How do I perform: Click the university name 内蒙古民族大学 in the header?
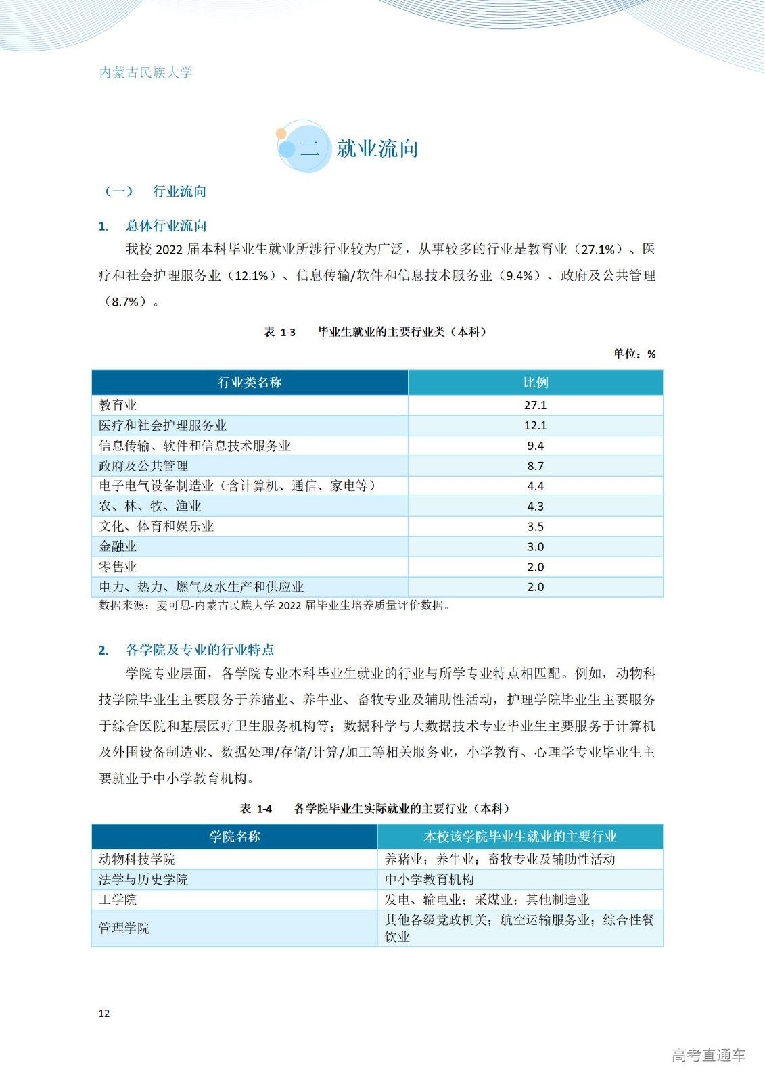(146, 72)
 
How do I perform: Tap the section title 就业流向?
(377, 149)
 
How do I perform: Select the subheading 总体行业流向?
(166, 226)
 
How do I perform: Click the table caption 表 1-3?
(279, 332)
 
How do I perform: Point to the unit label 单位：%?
(634, 354)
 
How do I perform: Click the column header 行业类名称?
(250, 383)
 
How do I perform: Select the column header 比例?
(535, 383)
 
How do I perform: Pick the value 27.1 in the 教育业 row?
(535, 405)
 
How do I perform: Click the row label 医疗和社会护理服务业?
(163, 425)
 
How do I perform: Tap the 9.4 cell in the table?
(535, 446)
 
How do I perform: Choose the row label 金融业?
(118, 546)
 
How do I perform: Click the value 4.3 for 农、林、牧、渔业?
(535, 506)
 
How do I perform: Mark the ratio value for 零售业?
(535, 567)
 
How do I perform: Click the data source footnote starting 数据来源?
(274, 605)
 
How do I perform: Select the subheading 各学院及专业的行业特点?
(200, 650)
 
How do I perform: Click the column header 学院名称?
(234, 837)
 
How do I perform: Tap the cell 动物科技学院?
(137, 860)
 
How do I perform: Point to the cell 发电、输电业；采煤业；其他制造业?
(487, 900)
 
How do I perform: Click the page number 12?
(104, 1013)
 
